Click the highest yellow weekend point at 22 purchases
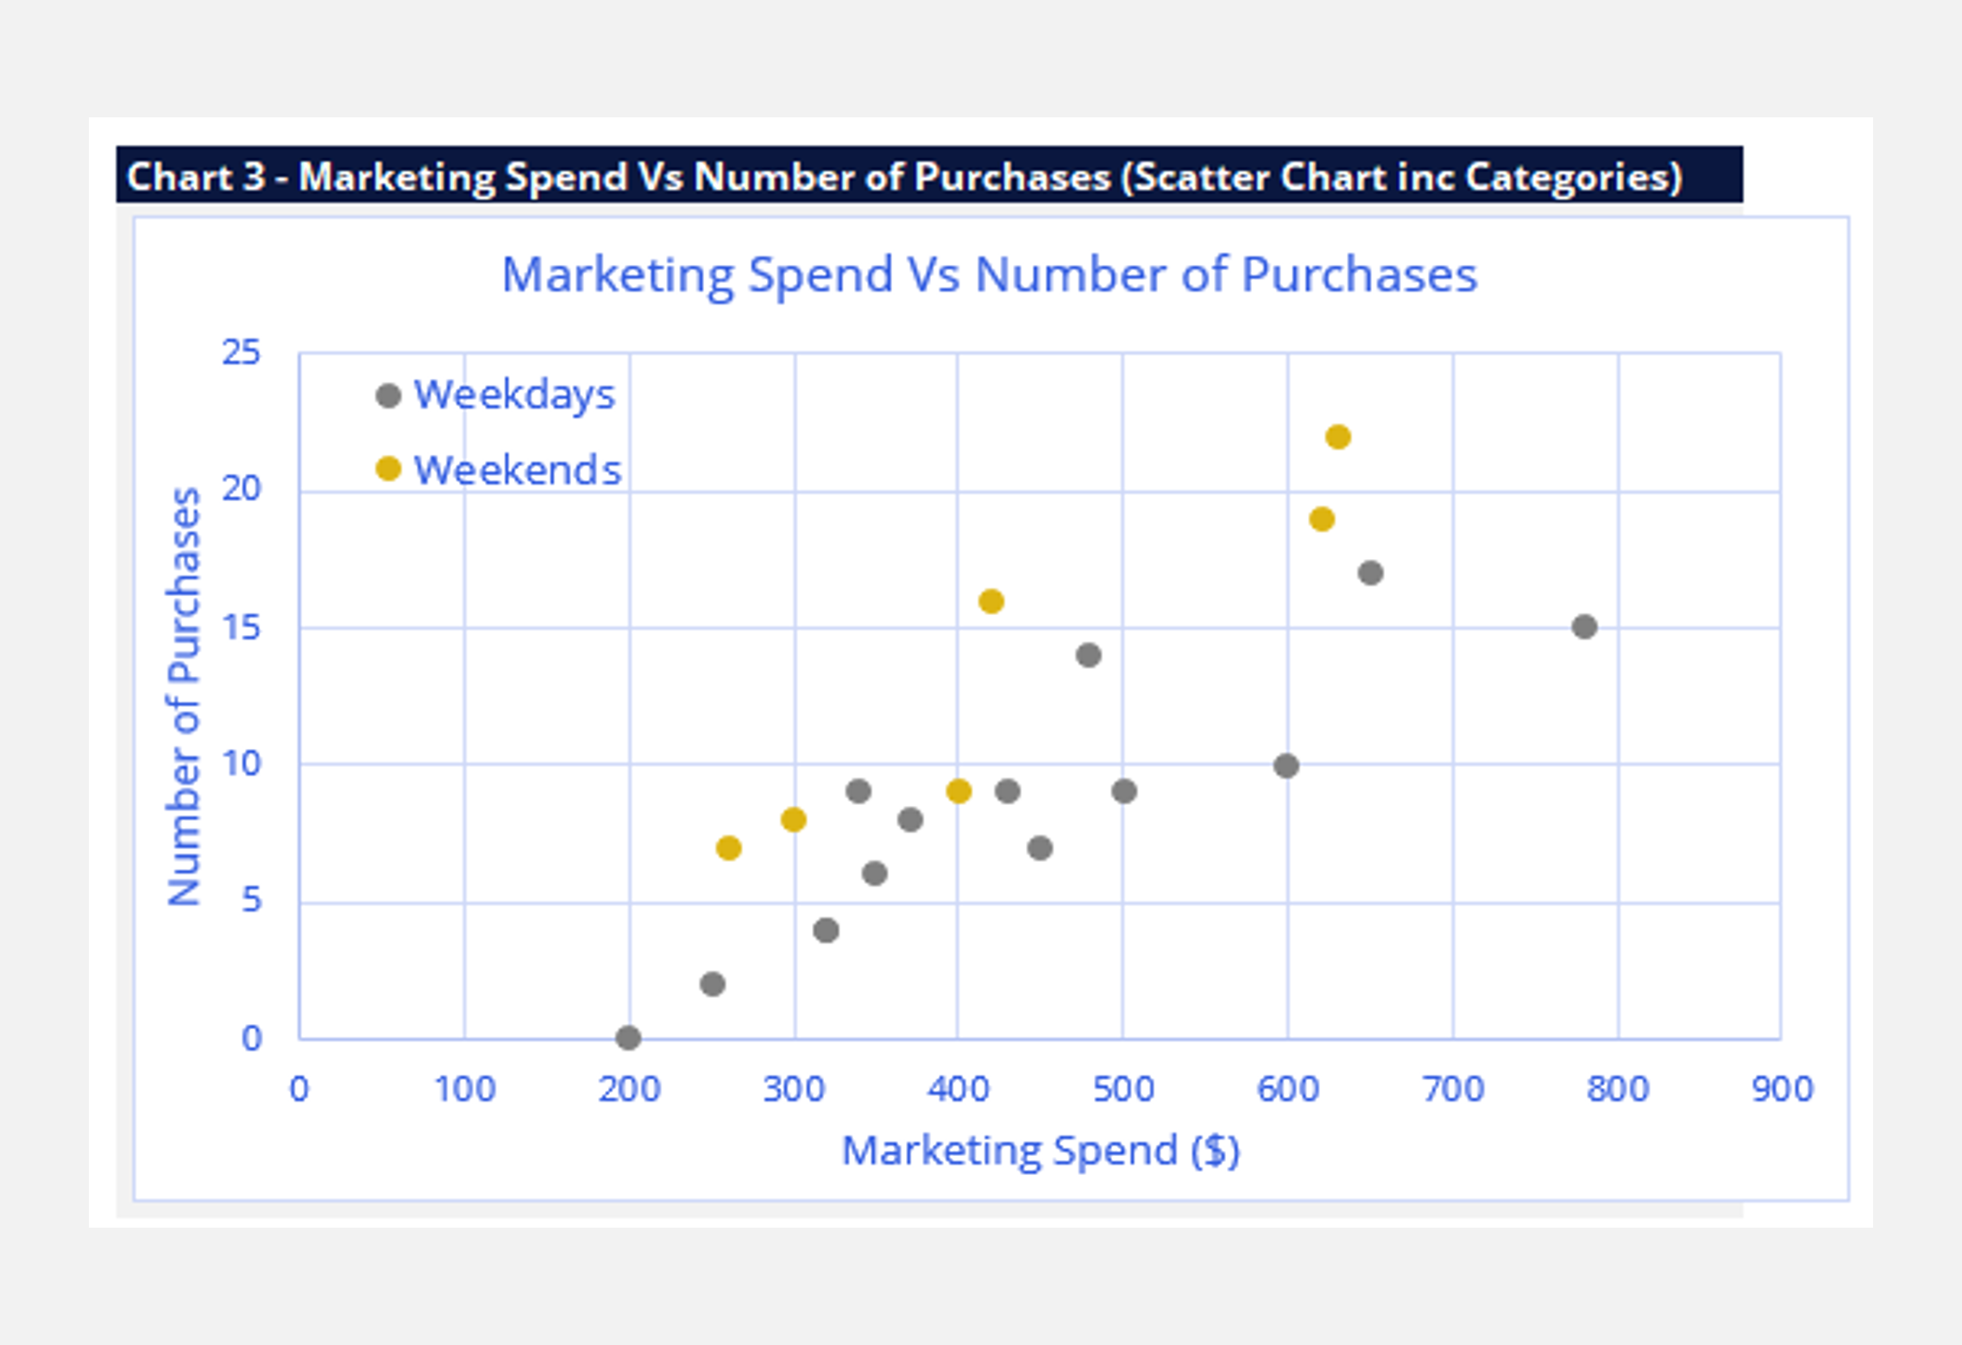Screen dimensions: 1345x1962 tap(1337, 437)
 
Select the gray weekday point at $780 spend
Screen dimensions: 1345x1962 tap(1584, 627)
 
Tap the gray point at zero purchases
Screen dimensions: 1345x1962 tap(628, 1038)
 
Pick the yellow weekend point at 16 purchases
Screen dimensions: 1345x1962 tap(991, 601)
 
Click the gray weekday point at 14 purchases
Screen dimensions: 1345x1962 tap(1089, 656)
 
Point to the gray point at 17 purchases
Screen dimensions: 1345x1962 tap(1370, 573)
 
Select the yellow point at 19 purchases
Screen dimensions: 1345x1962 tap(1322, 519)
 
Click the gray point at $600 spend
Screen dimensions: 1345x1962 tap(1286, 765)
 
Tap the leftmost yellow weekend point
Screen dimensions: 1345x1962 tap(729, 848)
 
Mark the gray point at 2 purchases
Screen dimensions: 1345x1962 tap(713, 984)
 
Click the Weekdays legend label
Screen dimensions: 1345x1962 tap(514, 395)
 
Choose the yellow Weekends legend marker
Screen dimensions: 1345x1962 tap(388, 469)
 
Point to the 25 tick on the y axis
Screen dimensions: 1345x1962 tap(241, 353)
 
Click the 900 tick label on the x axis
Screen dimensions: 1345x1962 tap(1783, 1089)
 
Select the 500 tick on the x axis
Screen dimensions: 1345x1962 tap(1123, 1089)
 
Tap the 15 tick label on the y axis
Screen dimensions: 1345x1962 tap(241, 627)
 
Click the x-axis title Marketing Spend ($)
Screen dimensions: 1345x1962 tap(1041, 1151)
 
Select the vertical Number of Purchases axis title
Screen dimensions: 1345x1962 tap(184, 697)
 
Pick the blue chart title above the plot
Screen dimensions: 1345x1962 tap(990, 275)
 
